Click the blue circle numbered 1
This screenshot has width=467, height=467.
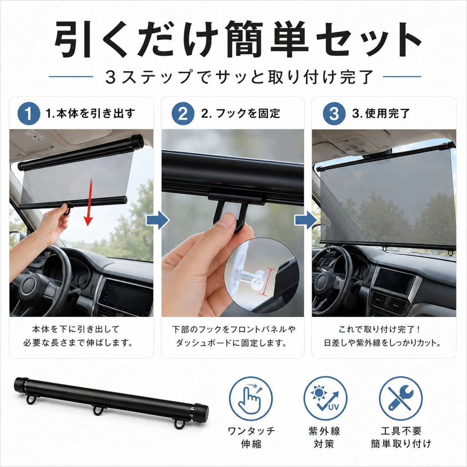coord(28,113)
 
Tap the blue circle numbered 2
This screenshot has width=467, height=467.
coord(183,113)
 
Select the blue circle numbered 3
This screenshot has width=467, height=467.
coord(334,113)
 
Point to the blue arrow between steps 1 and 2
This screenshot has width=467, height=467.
coord(158,220)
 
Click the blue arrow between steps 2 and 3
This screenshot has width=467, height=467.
coord(306,220)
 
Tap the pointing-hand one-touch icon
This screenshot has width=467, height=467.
coord(251,398)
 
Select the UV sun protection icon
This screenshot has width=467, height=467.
coord(325,398)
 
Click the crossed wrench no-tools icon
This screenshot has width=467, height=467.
coord(401,398)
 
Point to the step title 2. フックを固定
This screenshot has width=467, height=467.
coord(240,113)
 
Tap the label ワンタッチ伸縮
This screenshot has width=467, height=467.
coord(251,437)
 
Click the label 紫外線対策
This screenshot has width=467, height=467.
coord(324,437)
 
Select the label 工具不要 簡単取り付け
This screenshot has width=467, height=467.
coord(401,437)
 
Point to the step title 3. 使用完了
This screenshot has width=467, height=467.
coord(381,113)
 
